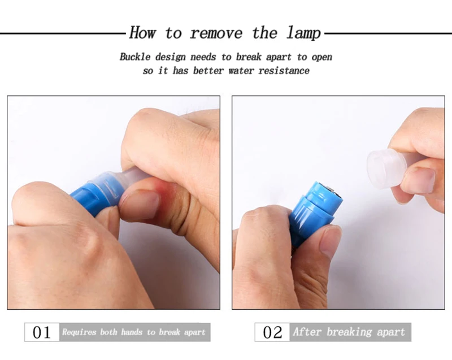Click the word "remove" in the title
pyautogui.click(x=216, y=33)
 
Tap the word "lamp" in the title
pyautogui.click(x=303, y=33)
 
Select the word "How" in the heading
pyautogui.click(x=143, y=32)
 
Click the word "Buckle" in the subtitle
pyautogui.click(x=135, y=57)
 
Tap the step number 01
pyautogui.click(x=41, y=332)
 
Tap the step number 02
pyautogui.click(x=272, y=332)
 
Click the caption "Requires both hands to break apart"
pyautogui.click(x=134, y=332)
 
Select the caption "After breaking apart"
pyautogui.click(x=349, y=332)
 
